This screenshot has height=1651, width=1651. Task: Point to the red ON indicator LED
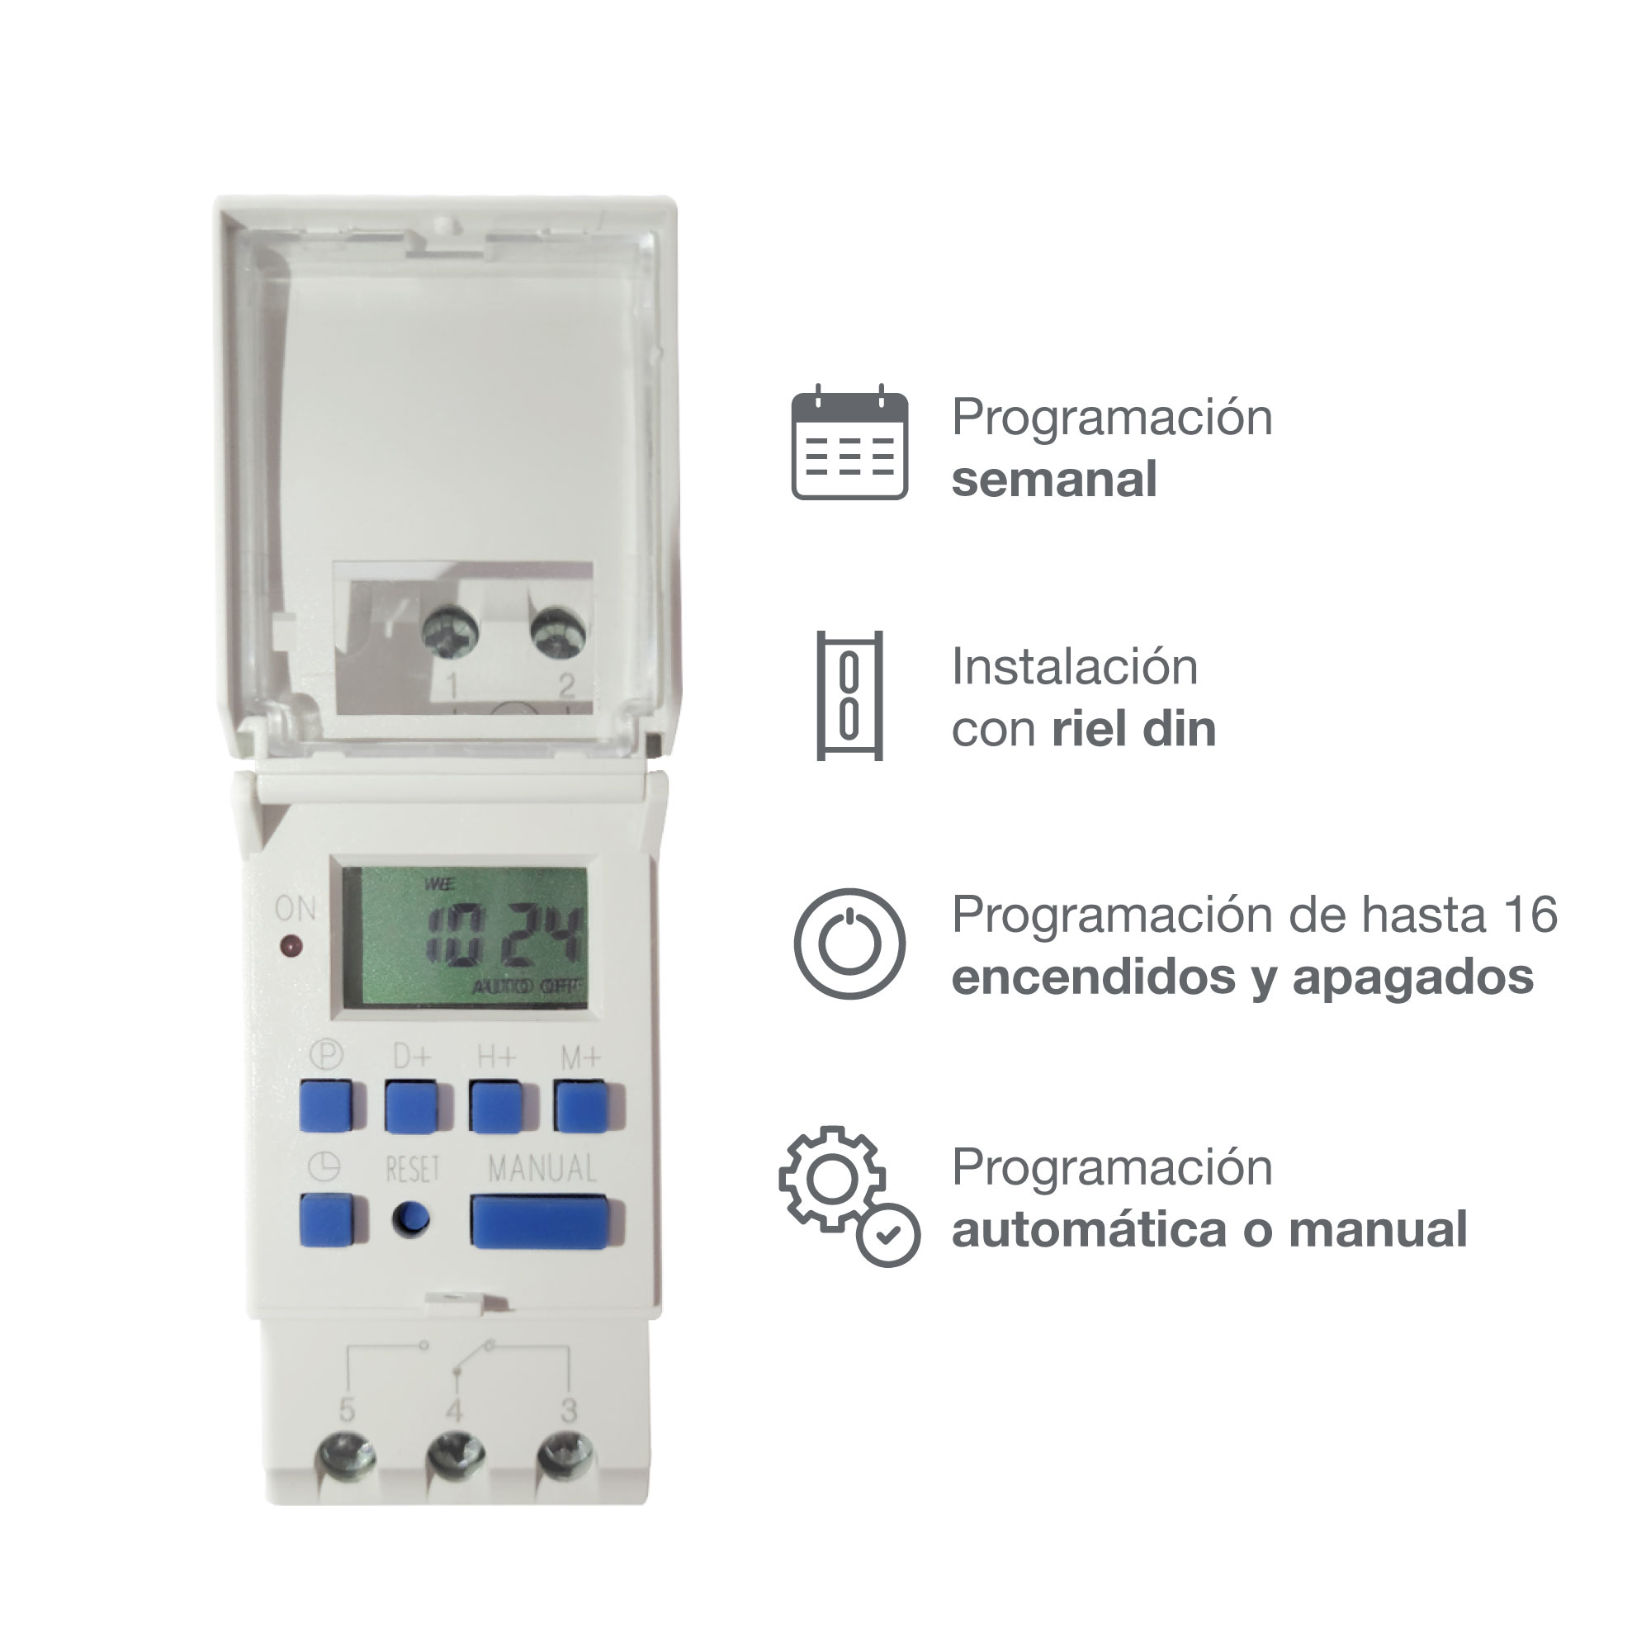291,947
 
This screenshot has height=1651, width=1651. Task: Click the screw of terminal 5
346,1455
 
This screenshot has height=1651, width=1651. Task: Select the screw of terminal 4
457,1455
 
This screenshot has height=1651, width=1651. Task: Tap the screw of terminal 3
565,1455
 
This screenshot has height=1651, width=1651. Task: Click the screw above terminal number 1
451,633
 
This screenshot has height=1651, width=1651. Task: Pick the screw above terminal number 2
558,633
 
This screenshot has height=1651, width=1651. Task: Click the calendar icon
849,442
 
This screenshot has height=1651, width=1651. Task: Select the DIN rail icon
849,696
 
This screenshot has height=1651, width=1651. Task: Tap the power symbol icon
849,944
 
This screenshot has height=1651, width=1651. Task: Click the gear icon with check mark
849,1196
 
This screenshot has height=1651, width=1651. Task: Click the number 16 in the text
1531,915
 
